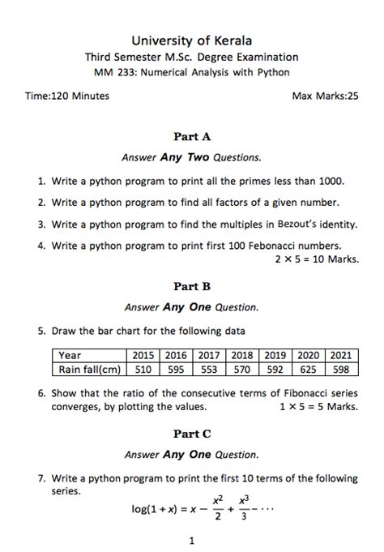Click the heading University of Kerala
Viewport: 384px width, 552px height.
click(x=192, y=41)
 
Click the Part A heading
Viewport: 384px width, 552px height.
click(x=192, y=137)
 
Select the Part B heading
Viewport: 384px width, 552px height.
click(x=192, y=286)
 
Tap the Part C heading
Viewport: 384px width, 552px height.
click(x=192, y=434)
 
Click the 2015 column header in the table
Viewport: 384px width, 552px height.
click(x=143, y=355)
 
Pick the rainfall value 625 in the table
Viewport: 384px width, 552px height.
click(x=308, y=370)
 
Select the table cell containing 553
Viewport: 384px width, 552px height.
click(x=209, y=370)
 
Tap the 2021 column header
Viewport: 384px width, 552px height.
click(x=341, y=355)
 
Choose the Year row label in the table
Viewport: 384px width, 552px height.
click(x=70, y=355)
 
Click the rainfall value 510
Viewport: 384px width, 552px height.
click(x=143, y=370)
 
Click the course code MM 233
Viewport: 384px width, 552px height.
click(x=113, y=72)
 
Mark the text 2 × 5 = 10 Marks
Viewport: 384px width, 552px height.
click(x=316, y=259)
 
